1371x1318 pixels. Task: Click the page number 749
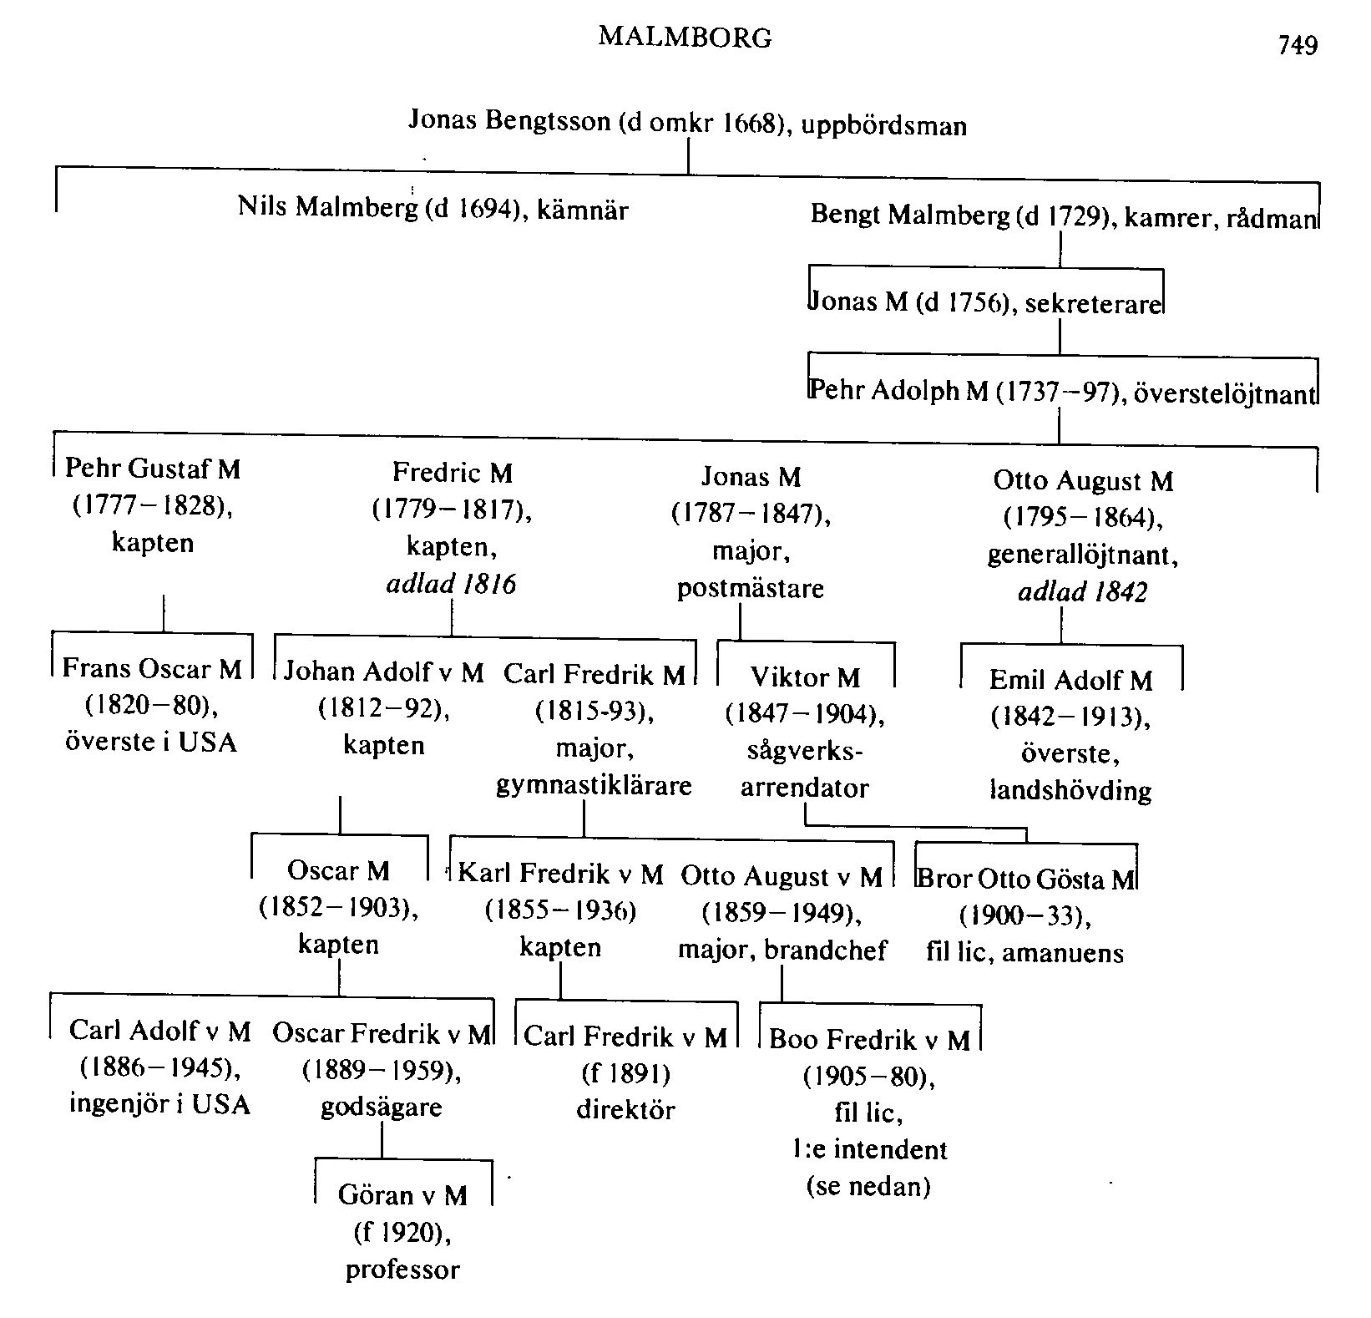click(x=1298, y=44)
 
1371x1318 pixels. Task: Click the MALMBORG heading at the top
click(x=685, y=38)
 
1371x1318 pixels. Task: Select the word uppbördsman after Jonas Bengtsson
click(x=884, y=126)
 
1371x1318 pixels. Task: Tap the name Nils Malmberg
click(x=327, y=206)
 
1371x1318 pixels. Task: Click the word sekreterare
click(x=1093, y=302)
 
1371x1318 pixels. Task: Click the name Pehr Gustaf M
click(x=152, y=469)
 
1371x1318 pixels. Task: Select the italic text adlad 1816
click(x=451, y=584)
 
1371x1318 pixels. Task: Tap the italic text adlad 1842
click(x=1082, y=592)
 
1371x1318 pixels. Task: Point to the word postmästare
click(x=750, y=588)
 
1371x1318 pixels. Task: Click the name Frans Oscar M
click(x=152, y=668)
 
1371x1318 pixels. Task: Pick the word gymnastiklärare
click(x=594, y=785)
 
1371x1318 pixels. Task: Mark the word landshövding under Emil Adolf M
click(x=1070, y=790)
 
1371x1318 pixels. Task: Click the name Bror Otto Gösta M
click(x=1026, y=879)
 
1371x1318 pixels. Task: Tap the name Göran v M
click(x=402, y=1195)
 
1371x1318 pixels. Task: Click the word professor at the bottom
click(x=402, y=1270)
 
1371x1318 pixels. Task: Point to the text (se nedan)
click(x=868, y=1186)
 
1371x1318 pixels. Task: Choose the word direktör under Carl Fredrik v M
click(x=625, y=1110)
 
